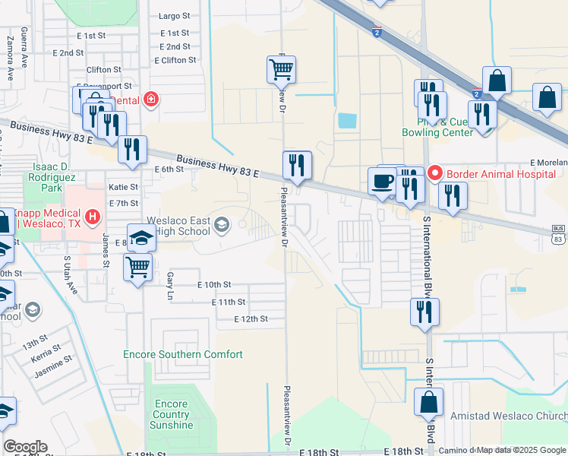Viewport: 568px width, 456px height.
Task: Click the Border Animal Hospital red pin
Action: pyautogui.click(x=436, y=173)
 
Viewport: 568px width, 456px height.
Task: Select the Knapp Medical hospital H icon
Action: pyautogui.click(x=93, y=218)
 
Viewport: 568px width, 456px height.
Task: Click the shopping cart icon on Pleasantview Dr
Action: pyautogui.click(x=281, y=70)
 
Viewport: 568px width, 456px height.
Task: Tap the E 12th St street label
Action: pyautogui.click(x=251, y=319)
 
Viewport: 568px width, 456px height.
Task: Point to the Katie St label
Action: pyautogui.click(x=123, y=186)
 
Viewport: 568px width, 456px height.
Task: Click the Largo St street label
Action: pyautogui.click(x=174, y=15)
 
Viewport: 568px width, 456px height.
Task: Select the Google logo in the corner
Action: pyautogui.click(x=25, y=447)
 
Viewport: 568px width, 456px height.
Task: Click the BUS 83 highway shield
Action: pyautogui.click(x=558, y=234)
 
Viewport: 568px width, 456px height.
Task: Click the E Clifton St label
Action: pyautogui.click(x=175, y=59)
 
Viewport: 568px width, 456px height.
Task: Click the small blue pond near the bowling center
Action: pyautogui.click(x=347, y=120)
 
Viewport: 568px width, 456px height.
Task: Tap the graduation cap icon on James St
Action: pyautogui.click(x=141, y=238)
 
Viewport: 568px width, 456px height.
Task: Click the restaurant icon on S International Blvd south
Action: pyautogui.click(x=424, y=312)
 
